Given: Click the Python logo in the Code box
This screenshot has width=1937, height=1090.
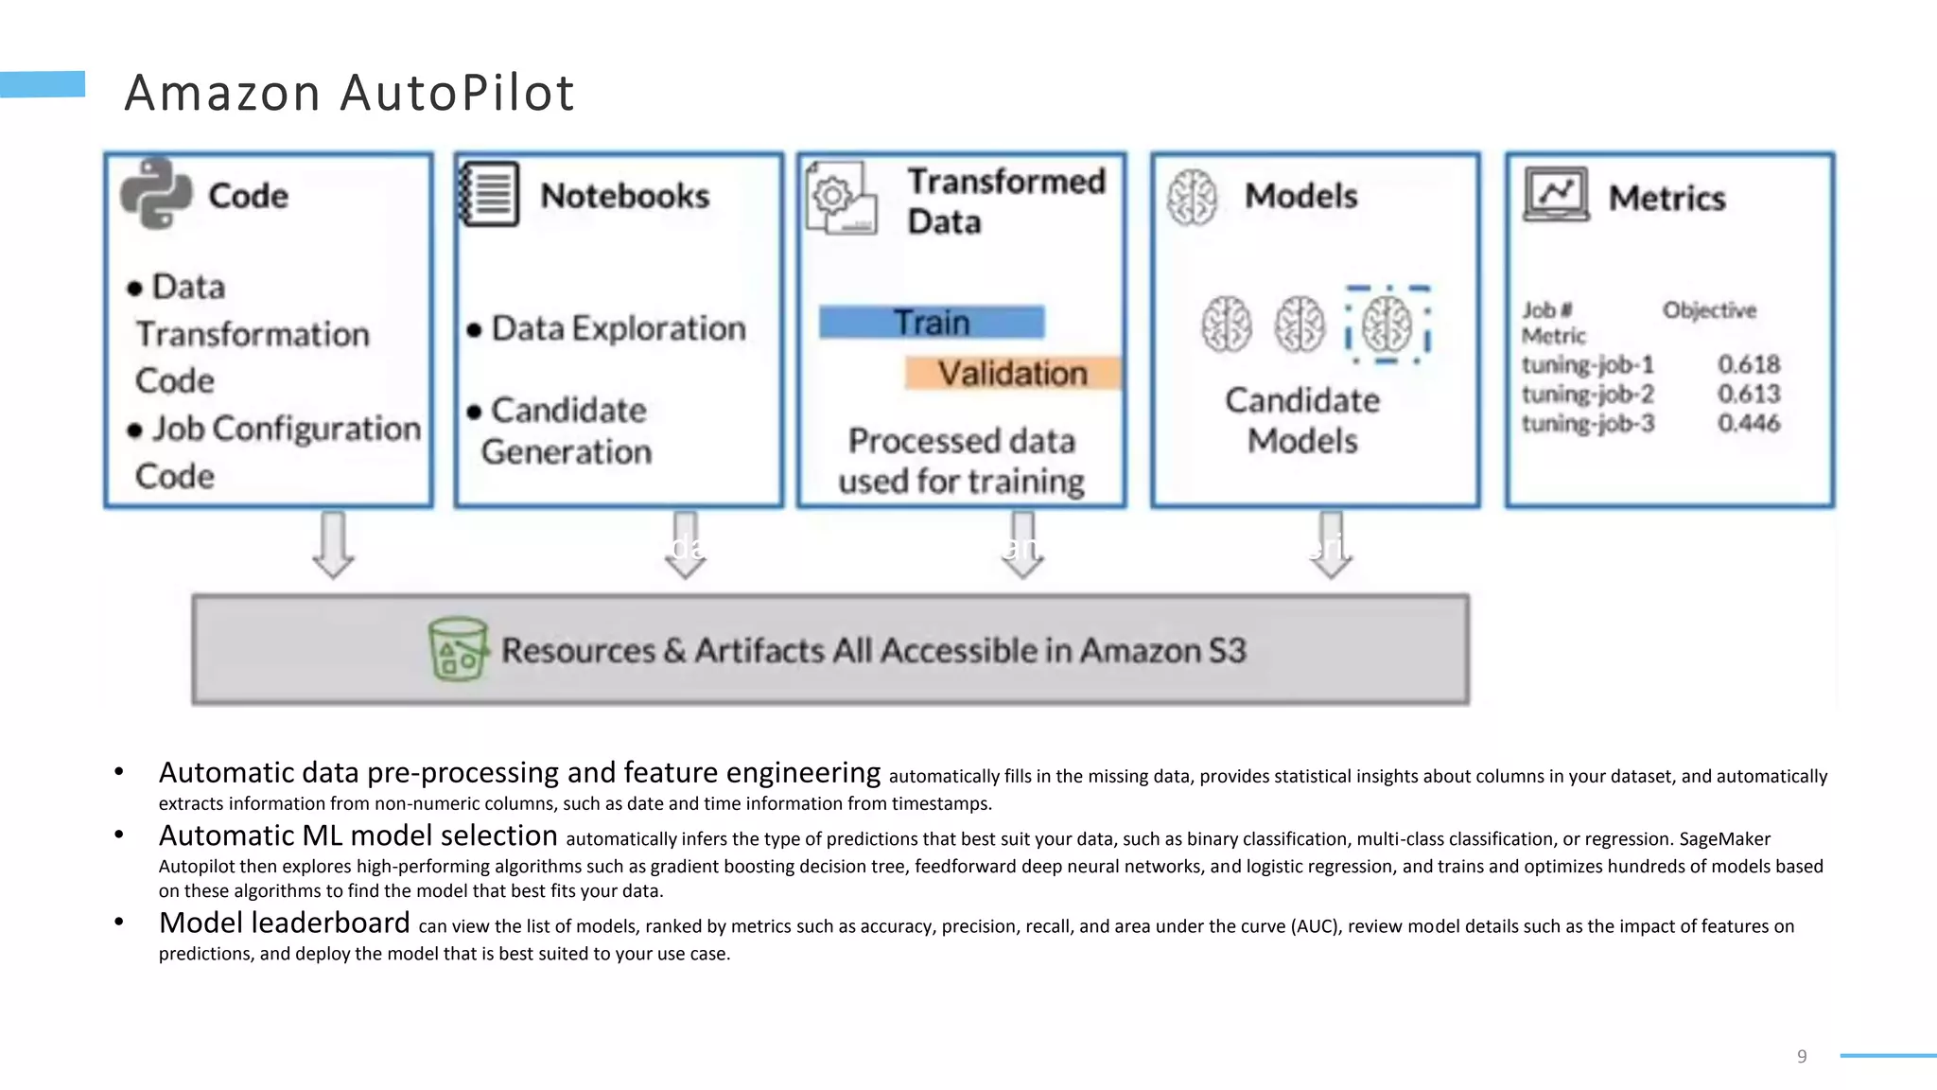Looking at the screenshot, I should point(156,194).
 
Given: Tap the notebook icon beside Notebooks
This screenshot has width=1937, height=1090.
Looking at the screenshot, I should point(489,194).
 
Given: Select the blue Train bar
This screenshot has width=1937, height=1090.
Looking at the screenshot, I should point(932,323).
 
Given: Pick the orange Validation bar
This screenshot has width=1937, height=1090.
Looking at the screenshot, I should point(1012,373).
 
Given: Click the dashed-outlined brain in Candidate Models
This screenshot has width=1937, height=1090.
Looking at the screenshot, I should point(1387,325).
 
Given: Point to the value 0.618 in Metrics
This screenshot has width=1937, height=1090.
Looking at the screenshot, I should point(1749,364).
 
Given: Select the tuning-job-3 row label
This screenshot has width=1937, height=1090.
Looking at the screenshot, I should point(1588,423).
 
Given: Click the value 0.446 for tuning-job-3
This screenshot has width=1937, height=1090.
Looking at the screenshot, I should point(1749,423).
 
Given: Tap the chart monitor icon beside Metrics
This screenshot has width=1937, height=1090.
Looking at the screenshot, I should point(1556,195).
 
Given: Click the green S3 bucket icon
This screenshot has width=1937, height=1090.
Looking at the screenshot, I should point(459,649).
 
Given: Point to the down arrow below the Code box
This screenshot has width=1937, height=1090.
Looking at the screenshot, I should point(333,545).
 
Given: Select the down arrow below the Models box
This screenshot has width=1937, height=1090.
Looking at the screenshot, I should point(1331,545).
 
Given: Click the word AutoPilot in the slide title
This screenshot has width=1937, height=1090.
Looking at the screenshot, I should point(457,93).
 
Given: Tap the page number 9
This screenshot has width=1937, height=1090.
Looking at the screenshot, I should point(1802,1056).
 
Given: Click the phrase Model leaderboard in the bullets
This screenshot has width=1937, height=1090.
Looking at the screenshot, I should point(284,923).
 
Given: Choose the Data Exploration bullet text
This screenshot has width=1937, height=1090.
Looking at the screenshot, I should point(619,328).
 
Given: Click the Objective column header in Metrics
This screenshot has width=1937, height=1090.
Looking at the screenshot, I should point(1709,310).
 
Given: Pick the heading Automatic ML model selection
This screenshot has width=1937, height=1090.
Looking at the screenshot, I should point(358,835).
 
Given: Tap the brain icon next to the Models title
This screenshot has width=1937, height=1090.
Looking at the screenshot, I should point(1192,197).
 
